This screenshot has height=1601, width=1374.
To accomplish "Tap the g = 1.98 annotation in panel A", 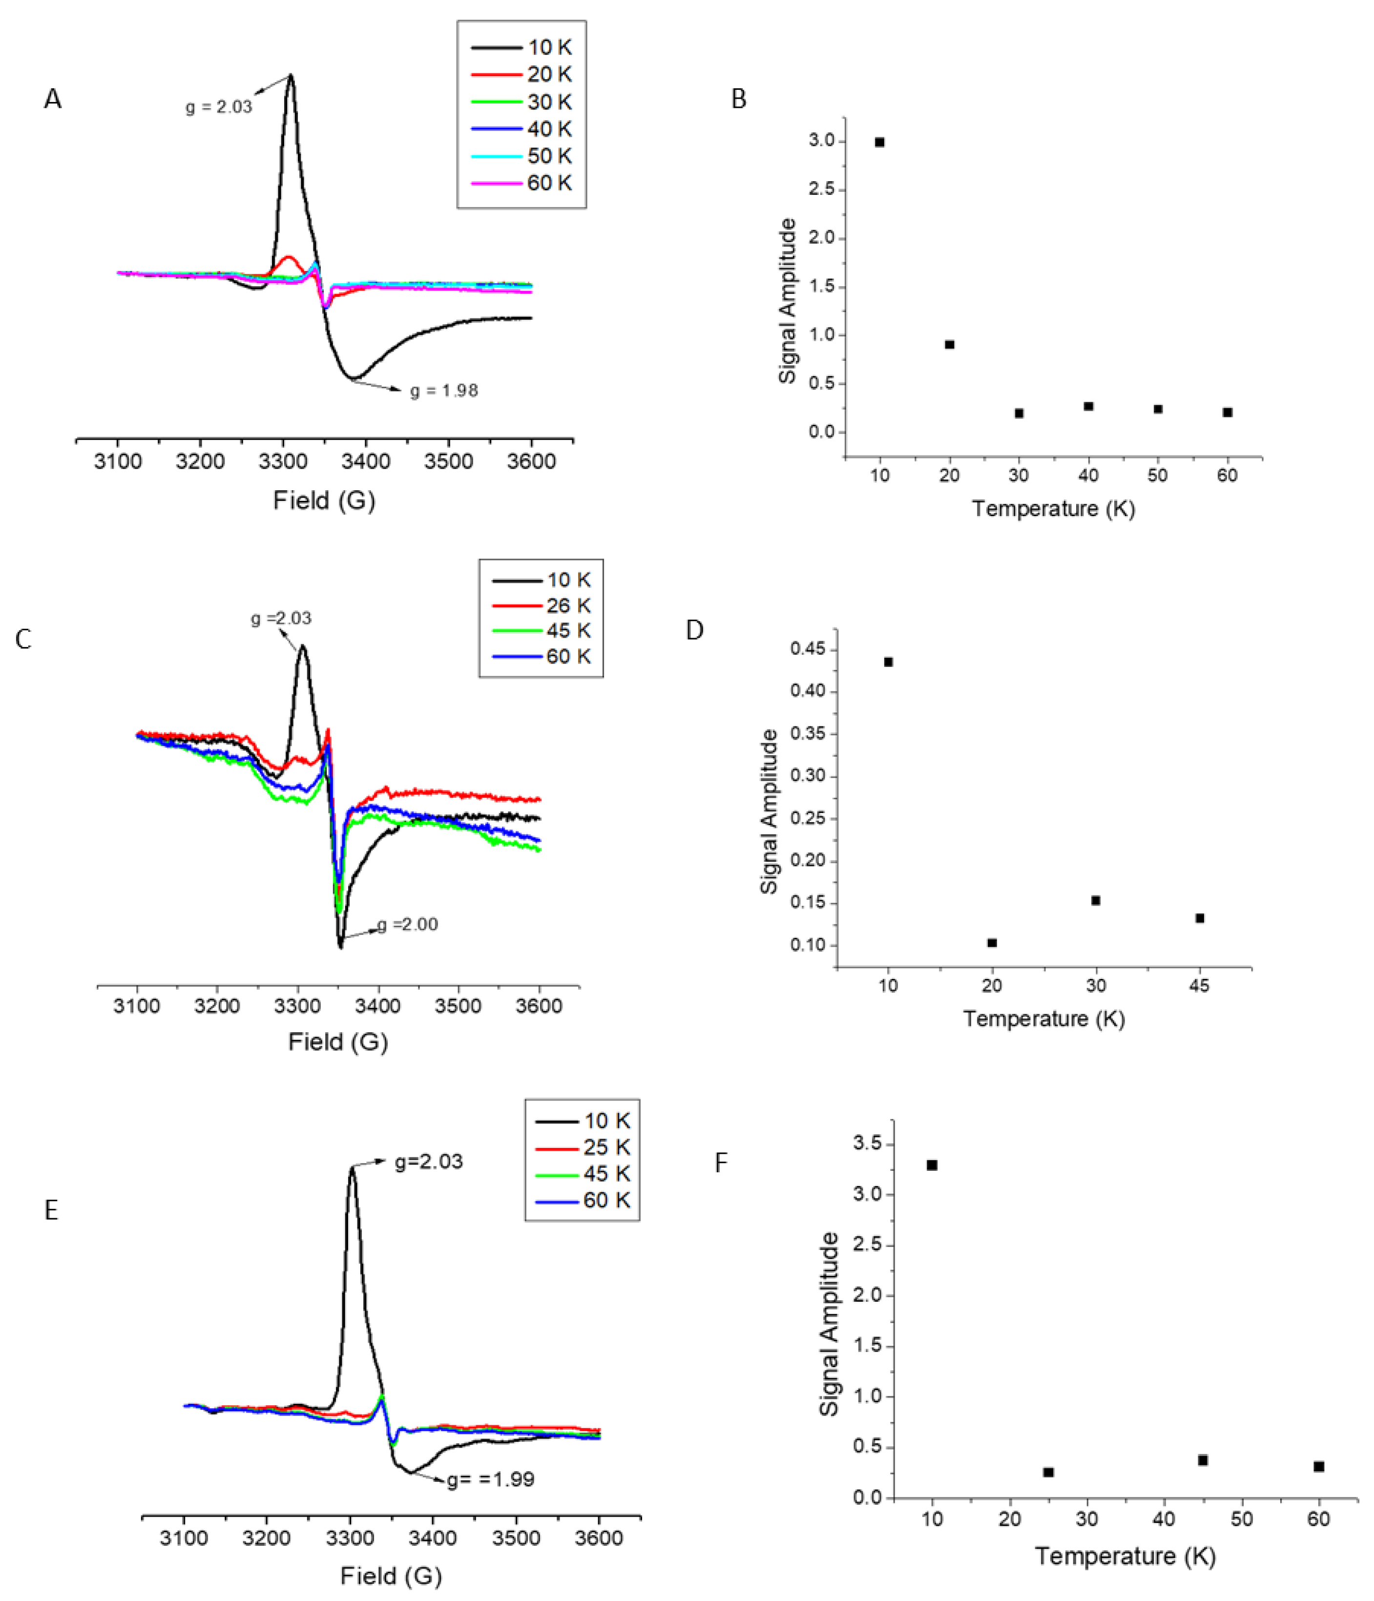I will (x=443, y=391).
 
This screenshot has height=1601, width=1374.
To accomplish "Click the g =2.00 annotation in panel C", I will (x=407, y=924).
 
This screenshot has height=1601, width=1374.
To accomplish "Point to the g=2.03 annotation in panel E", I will (x=429, y=1162).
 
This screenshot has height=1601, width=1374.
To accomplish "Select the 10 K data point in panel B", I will (x=879, y=142).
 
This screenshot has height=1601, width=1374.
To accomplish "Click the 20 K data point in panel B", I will (x=949, y=345).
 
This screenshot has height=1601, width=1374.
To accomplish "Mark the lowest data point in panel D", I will (x=992, y=943).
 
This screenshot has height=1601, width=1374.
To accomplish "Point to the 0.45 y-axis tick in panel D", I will (x=808, y=649).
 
